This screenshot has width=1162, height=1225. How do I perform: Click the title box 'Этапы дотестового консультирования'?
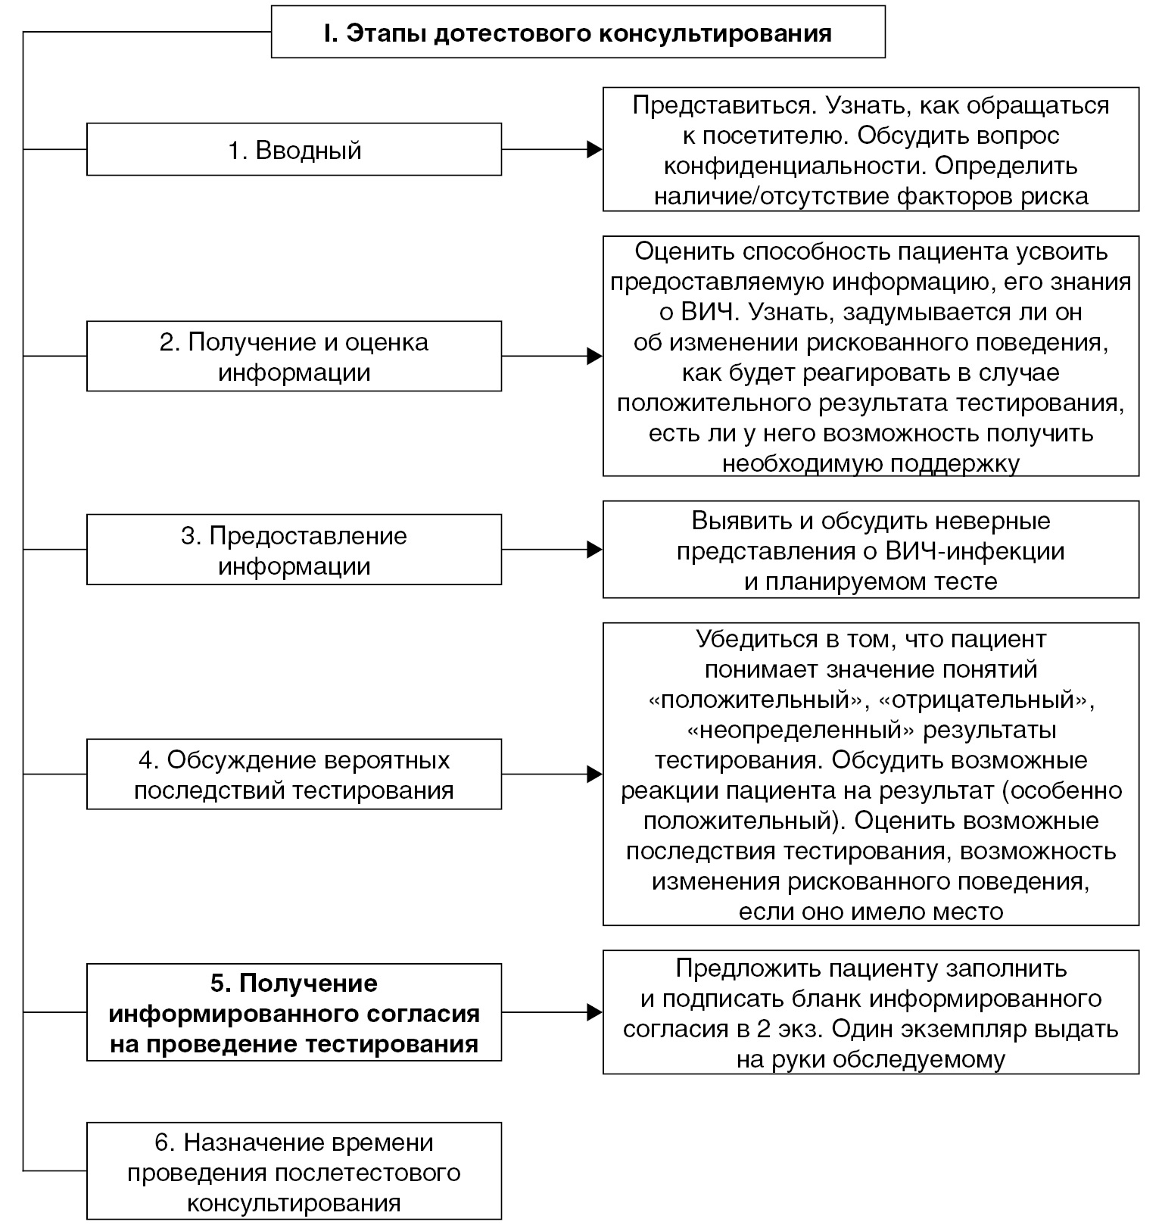point(578,33)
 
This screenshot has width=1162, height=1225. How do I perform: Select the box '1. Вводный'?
point(294,150)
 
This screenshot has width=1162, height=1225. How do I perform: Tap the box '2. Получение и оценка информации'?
point(294,357)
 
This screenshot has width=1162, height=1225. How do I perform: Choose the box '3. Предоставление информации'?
point(294,550)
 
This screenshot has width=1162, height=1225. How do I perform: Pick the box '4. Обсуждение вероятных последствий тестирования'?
point(294,775)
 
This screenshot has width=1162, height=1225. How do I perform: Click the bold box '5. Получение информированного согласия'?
point(294,1013)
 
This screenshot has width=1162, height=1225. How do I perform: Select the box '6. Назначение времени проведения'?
point(294,1172)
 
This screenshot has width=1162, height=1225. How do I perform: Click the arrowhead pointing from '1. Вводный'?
point(594,150)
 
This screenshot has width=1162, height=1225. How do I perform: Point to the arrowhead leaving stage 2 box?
point(594,357)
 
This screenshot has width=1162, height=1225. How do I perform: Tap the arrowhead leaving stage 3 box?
point(594,550)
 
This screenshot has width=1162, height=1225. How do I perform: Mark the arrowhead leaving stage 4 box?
point(594,775)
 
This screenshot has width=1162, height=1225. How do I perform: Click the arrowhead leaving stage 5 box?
point(594,1012)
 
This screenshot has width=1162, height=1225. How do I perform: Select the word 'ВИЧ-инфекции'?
point(975,551)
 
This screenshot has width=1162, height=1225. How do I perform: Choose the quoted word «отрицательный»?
point(987,700)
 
